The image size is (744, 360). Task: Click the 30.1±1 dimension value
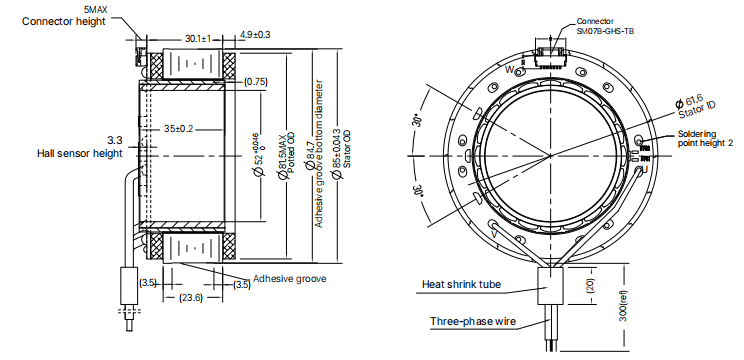coord(197,38)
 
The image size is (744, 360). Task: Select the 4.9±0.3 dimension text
coord(255,35)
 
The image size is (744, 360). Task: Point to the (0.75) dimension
coord(256,81)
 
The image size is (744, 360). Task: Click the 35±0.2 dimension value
coord(178,129)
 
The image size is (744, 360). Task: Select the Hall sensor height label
coord(79,153)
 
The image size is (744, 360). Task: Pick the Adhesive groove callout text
coord(290,278)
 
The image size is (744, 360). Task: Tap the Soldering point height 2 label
coord(704,138)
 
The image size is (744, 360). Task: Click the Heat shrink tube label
coord(460,285)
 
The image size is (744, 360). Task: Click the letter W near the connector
coord(510,70)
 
